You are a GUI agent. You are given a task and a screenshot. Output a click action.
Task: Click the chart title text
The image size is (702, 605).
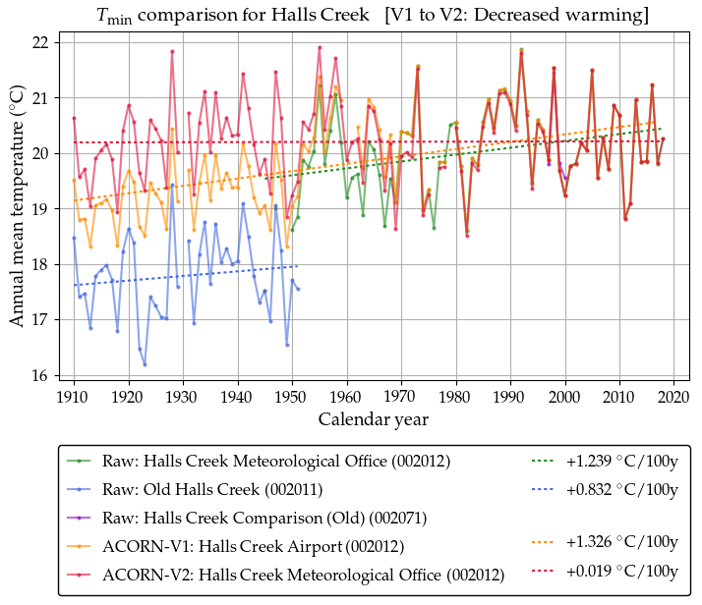373,16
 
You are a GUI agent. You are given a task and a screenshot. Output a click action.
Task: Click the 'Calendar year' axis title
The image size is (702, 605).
373,419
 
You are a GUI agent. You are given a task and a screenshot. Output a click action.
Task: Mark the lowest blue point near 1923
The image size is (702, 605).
145,364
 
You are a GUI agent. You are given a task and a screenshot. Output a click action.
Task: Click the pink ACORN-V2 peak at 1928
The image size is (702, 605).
172,51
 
